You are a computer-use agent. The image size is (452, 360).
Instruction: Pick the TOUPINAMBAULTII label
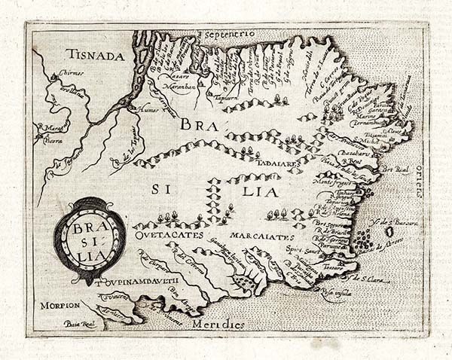(x=140, y=283)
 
